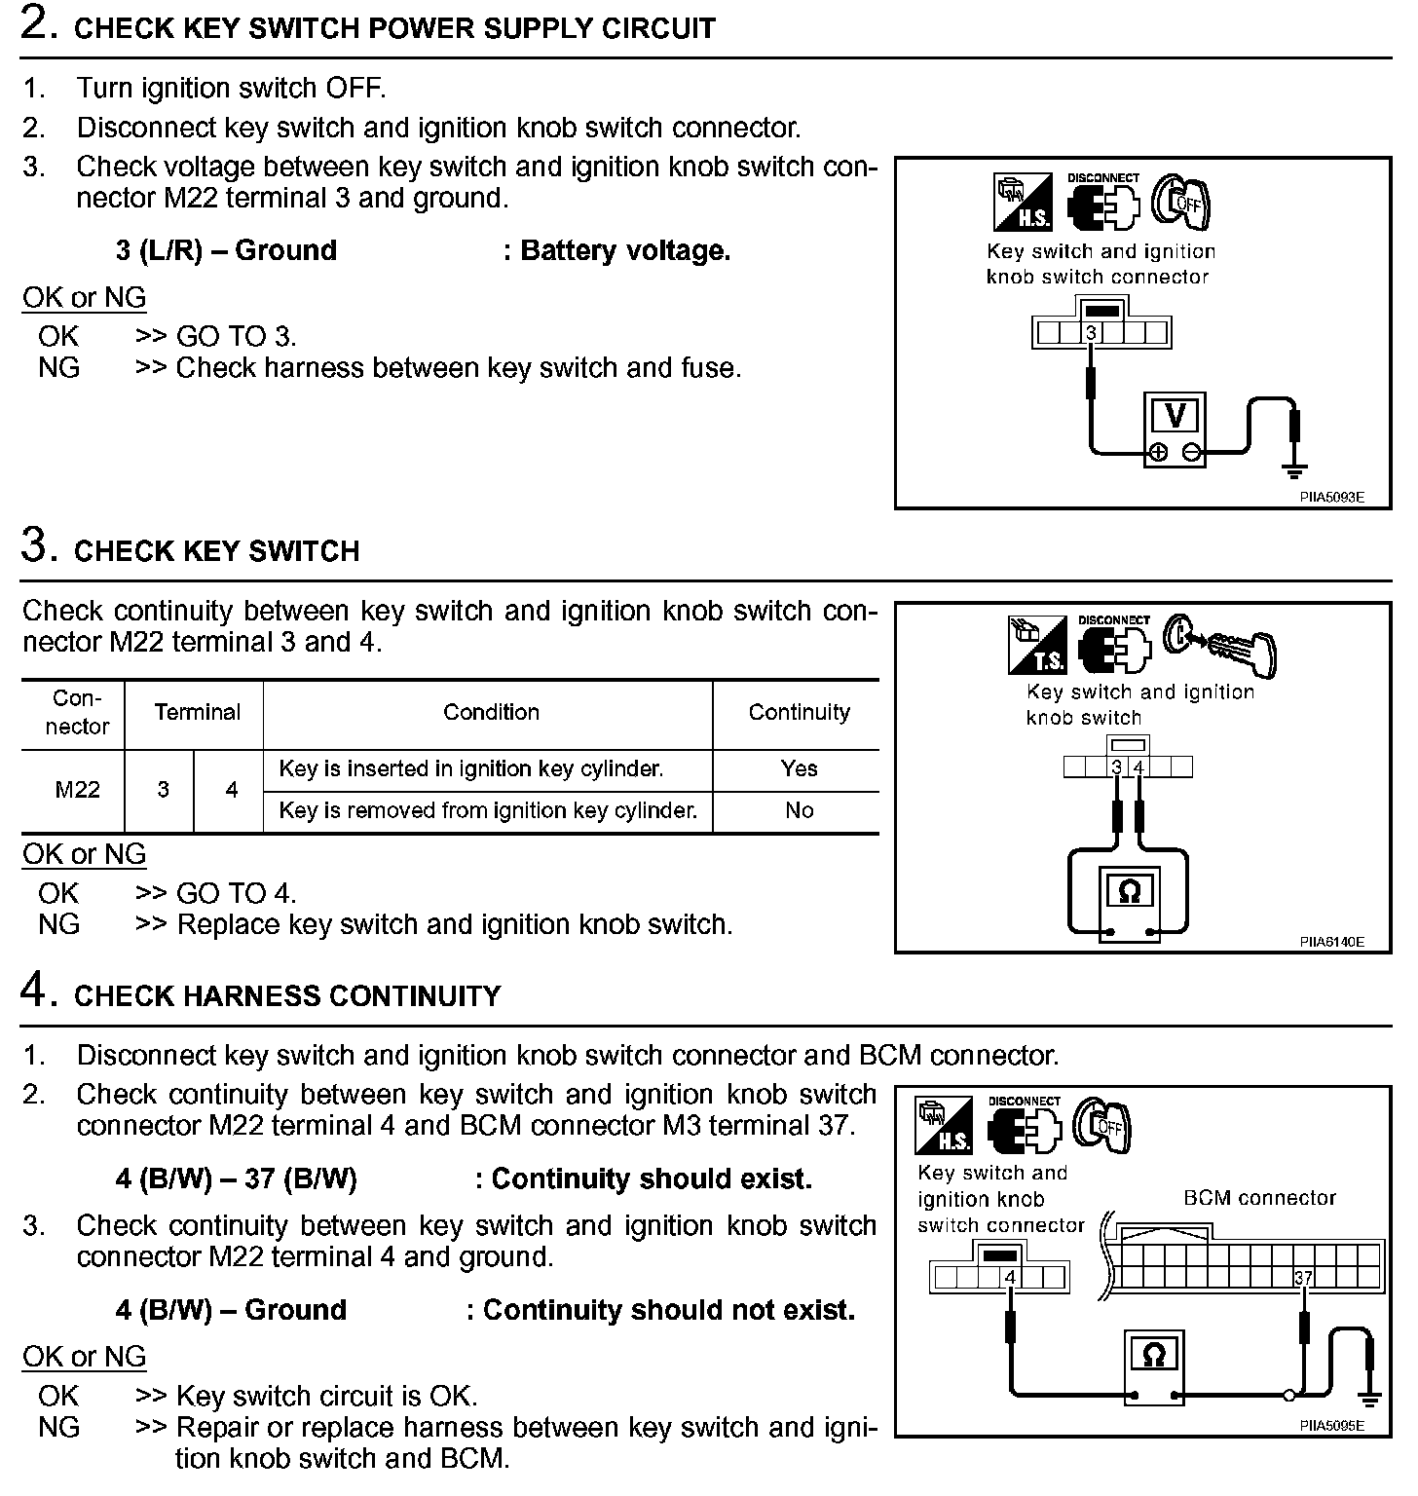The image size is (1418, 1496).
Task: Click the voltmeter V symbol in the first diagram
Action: [1175, 417]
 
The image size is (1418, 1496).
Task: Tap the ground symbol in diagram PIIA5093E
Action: [1294, 471]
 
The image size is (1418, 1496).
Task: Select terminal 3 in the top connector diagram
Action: [1092, 334]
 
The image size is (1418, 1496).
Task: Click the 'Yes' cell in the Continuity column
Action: [799, 769]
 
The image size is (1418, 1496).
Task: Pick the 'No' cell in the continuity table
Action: [799, 811]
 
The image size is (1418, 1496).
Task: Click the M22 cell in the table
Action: [77, 790]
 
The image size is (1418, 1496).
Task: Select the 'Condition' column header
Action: [491, 713]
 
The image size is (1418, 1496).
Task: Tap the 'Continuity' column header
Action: [799, 713]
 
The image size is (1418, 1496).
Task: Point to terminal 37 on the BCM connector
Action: [1303, 1278]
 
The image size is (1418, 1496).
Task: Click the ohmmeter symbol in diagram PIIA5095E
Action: [1154, 1355]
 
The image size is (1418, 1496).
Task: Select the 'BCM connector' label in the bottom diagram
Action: [1259, 1198]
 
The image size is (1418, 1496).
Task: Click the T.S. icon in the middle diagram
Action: [1036, 647]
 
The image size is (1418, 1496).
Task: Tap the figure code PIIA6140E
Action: [1330, 942]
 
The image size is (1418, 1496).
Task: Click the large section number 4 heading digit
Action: [34, 991]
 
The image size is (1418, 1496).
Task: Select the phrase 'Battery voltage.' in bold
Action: [625, 251]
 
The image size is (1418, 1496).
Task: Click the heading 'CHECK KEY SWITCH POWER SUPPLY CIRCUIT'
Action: [394, 28]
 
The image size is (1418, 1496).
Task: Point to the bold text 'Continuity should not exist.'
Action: [668, 1311]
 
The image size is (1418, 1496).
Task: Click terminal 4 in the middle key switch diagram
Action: [1138, 767]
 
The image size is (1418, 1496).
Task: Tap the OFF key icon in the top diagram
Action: [1180, 203]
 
